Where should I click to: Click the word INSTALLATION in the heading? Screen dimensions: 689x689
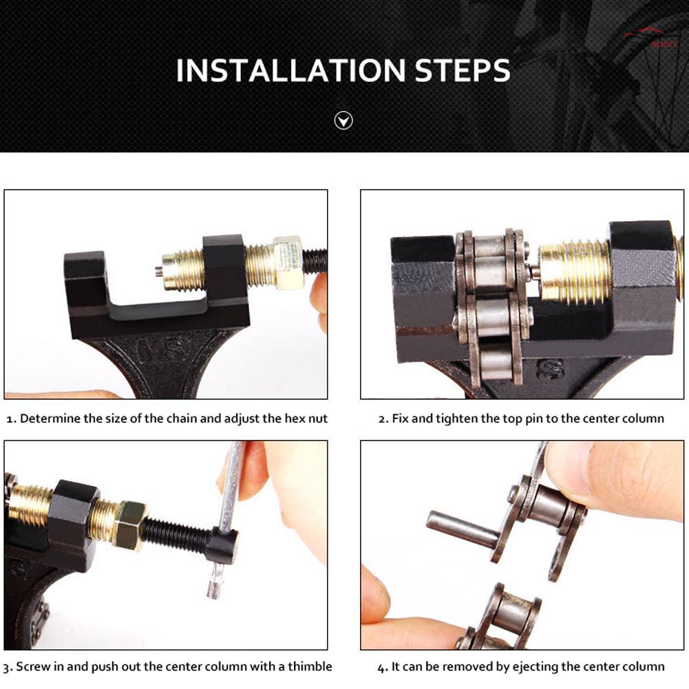[x=290, y=70]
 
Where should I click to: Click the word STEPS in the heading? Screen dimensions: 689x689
[x=463, y=70]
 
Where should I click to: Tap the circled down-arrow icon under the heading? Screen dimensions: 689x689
[x=343, y=120]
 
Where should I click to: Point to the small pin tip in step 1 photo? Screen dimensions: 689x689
[x=158, y=272]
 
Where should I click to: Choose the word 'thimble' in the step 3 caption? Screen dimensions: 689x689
[x=310, y=666]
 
